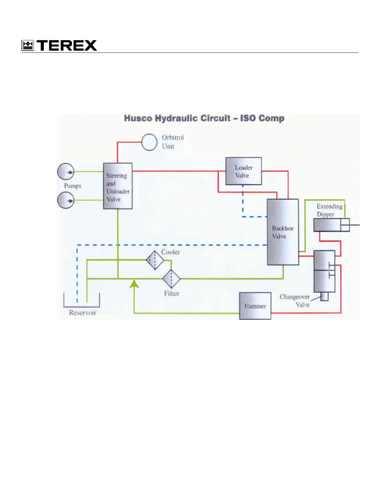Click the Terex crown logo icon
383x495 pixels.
click(28, 46)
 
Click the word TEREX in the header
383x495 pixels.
click(67, 46)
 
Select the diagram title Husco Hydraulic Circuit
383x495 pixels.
click(204, 118)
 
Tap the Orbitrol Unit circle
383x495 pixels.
click(149, 142)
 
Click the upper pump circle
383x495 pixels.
click(66, 172)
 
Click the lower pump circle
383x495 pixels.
click(66, 200)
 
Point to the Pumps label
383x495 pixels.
click(73, 186)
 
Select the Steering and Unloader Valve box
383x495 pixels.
click(118, 186)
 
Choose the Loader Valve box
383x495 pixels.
click(243, 171)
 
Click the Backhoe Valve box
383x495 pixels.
click(283, 232)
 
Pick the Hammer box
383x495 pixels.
click(255, 306)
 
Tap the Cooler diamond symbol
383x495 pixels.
click(155, 260)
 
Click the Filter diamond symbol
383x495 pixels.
click(171, 278)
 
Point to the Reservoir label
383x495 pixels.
click(83, 313)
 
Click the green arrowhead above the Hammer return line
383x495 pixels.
click(134, 283)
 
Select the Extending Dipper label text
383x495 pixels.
click(329, 210)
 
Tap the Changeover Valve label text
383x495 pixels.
click(295, 301)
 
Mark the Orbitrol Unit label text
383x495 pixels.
click(172, 142)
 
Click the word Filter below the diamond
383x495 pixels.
click(171, 293)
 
